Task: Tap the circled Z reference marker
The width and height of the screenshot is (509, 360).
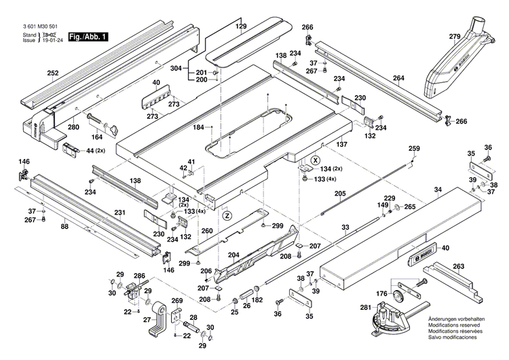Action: (227, 215)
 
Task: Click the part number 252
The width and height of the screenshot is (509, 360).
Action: (53, 73)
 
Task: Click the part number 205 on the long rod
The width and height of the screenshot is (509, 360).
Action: (339, 194)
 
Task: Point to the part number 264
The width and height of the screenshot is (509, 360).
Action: (398, 79)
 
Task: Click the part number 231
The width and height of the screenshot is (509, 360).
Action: (119, 213)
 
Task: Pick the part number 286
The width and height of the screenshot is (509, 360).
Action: (139, 276)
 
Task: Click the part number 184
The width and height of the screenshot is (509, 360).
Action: (199, 127)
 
